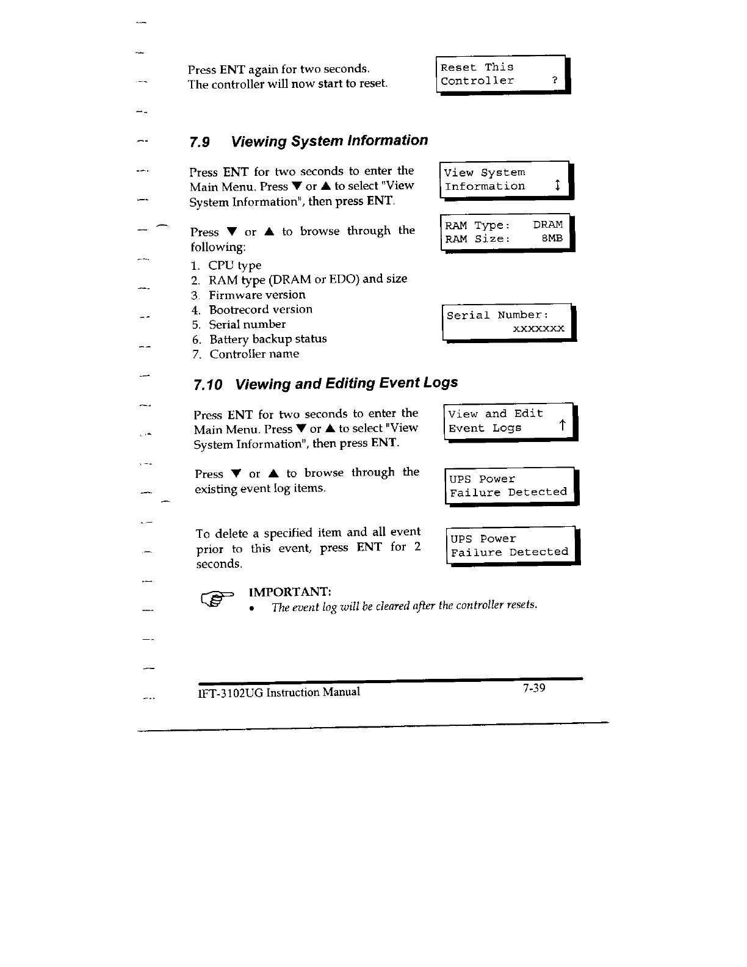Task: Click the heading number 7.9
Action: coord(200,142)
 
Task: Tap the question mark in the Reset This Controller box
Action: coord(554,81)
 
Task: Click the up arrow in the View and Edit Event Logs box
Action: coord(562,426)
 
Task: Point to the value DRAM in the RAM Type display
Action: coord(547,225)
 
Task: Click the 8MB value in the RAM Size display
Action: coord(552,238)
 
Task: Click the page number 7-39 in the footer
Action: coord(533,689)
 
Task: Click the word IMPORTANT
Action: coord(290,592)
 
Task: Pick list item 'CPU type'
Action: coord(234,266)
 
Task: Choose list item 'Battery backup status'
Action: coord(268,339)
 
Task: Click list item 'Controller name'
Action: coord(254,354)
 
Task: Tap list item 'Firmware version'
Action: coord(257,295)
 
